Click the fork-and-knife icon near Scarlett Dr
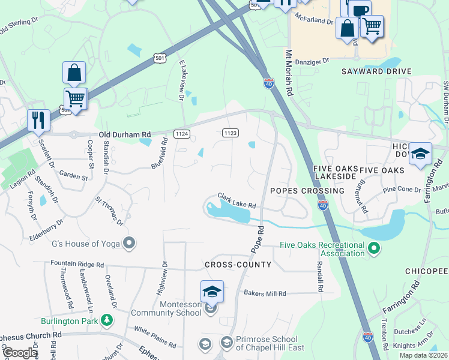tap(38, 119)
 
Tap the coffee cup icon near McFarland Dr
tap(360, 10)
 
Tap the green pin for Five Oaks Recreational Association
tap(373, 247)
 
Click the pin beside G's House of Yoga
tap(128, 243)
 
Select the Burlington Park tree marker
tap(107, 320)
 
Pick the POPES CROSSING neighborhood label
tap(307, 191)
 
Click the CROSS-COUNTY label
tap(238, 265)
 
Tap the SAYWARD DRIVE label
tap(376, 71)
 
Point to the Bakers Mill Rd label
tap(265, 293)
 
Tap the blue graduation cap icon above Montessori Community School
tap(212, 291)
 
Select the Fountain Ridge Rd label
tap(77, 263)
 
